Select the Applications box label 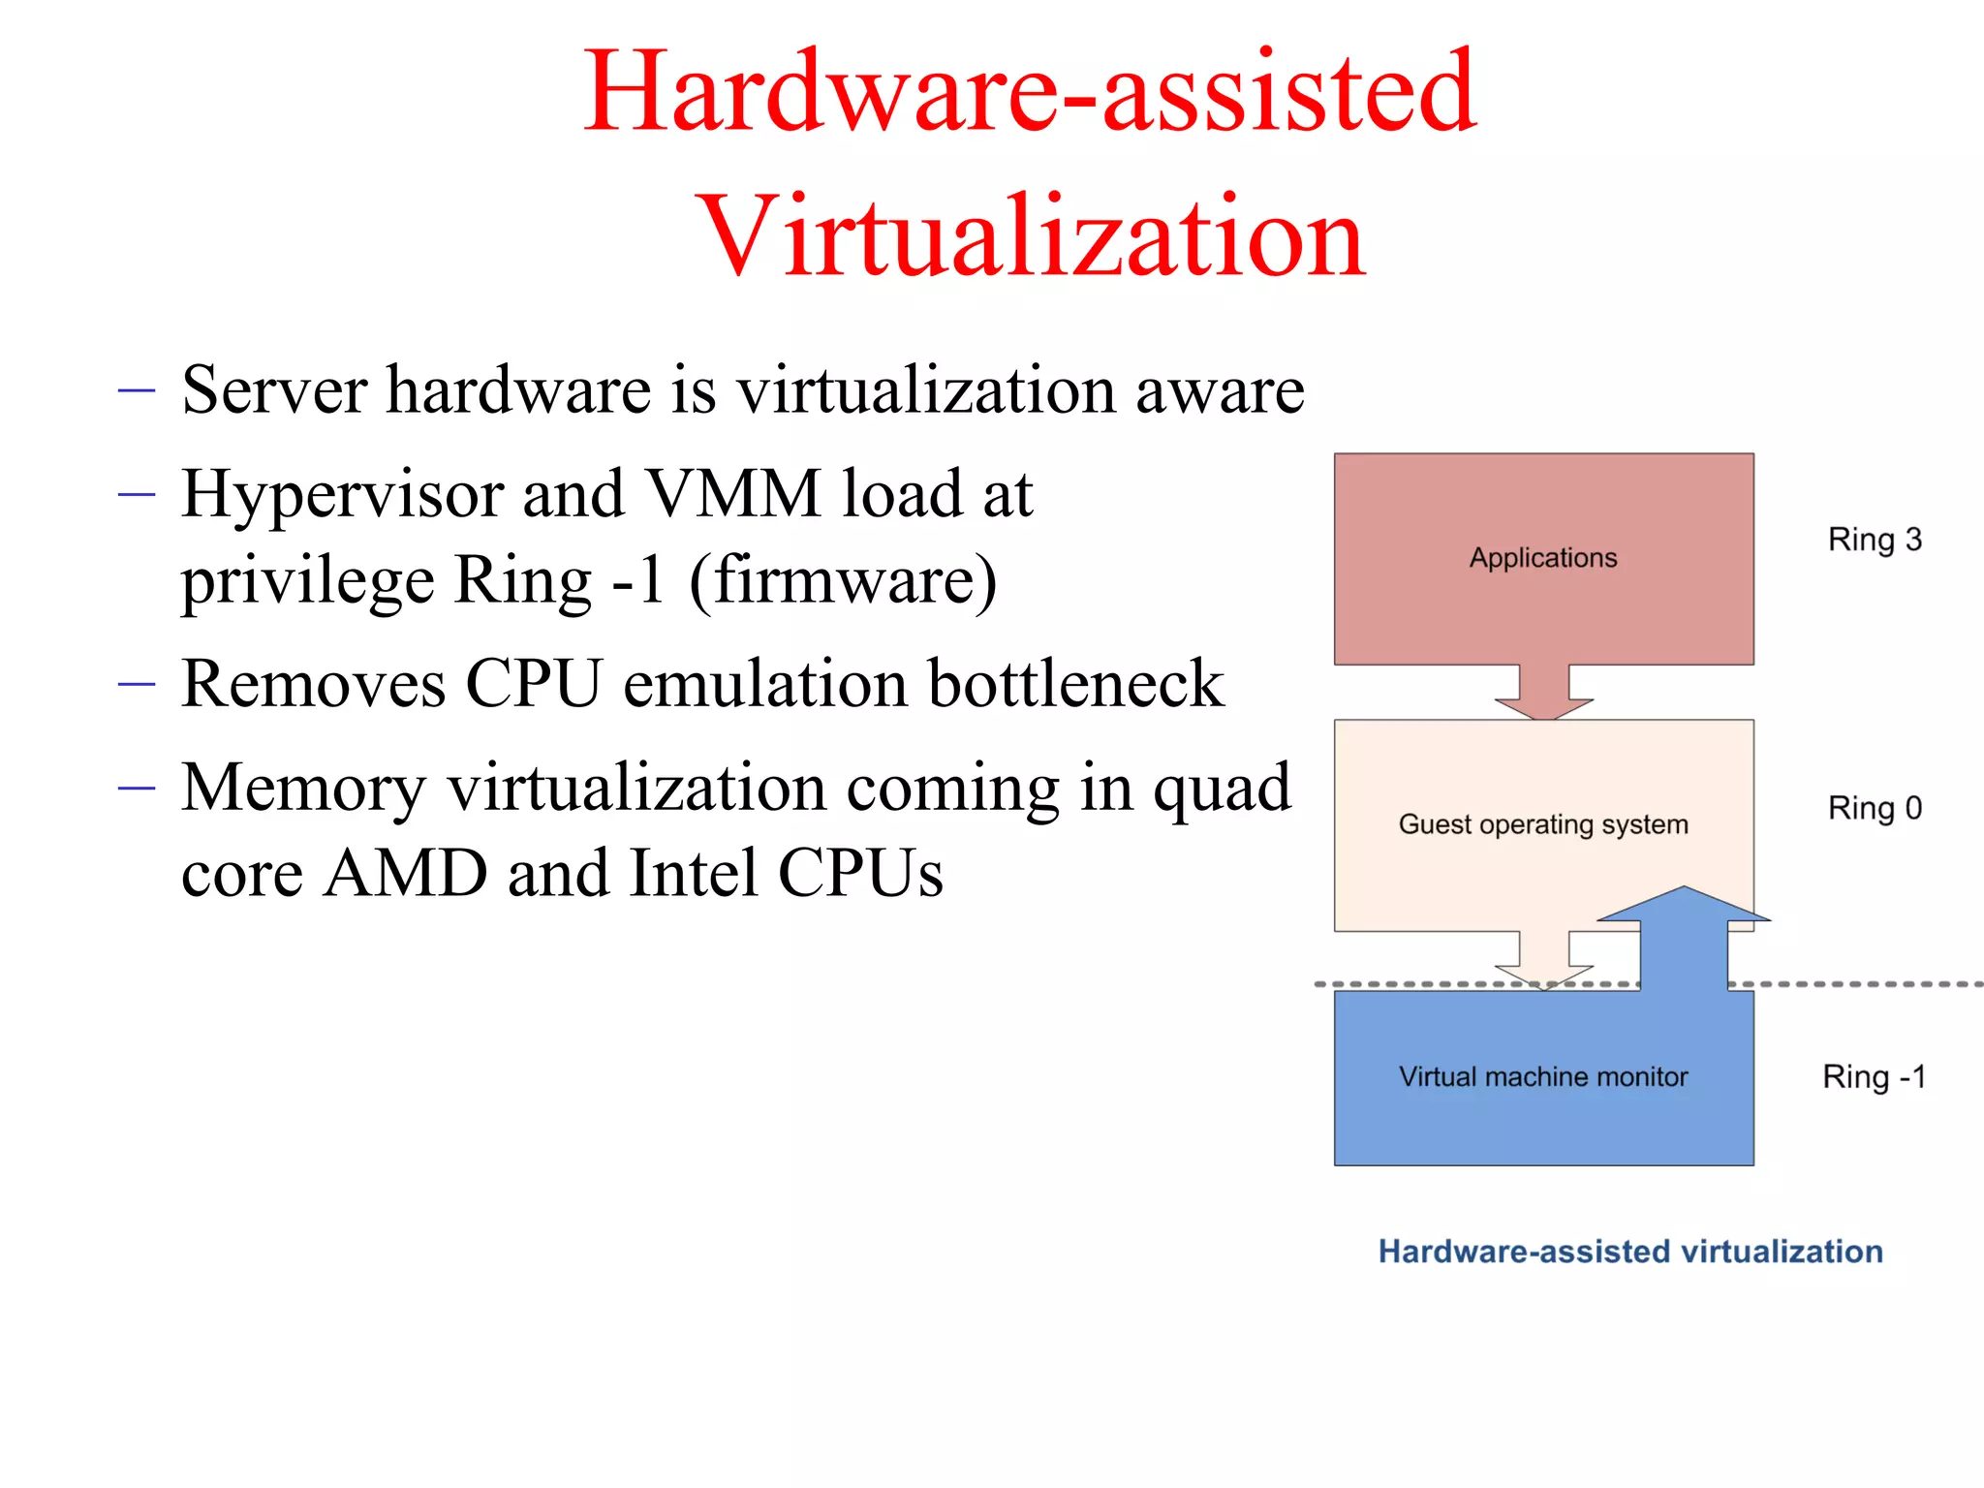coord(1543,558)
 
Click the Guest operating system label coord(1543,824)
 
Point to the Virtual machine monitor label coord(1543,1077)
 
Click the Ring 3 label coord(1875,540)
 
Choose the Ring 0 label coord(1875,808)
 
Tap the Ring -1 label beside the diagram coord(1874,1077)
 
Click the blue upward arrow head coord(1684,905)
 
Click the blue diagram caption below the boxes coord(1630,1252)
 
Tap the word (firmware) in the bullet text coord(843,581)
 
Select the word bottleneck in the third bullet coord(1076,684)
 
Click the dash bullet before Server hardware coord(137,391)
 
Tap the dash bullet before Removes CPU coord(137,685)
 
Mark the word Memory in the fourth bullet coord(303,789)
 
